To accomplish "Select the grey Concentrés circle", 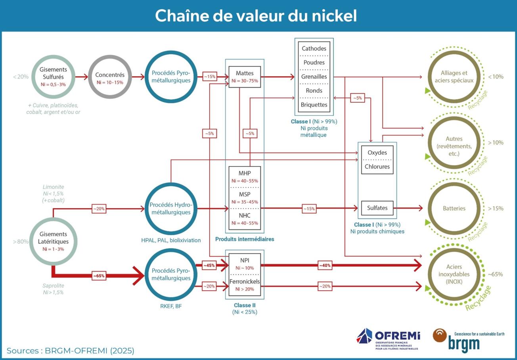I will click(110, 77).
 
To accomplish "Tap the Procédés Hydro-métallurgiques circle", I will click(171, 209).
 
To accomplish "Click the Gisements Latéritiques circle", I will click(53, 241).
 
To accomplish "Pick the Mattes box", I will click(245, 77).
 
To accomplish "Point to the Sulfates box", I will click(377, 208).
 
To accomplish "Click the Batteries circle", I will click(454, 209).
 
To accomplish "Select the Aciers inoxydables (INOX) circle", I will click(454, 274).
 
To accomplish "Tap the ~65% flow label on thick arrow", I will click(99, 276).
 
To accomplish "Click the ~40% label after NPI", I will click(325, 266).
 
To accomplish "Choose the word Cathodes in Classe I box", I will click(314, 48).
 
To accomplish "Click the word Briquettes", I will click(314, 105).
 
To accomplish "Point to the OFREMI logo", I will click(388, 339).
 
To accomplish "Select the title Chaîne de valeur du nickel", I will click(256, 16).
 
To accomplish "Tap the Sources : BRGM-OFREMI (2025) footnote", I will click(71, 350).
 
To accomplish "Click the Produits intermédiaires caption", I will click(245, 239).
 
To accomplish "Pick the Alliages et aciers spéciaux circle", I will click(454, 77).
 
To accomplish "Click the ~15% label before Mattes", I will click(210, 77).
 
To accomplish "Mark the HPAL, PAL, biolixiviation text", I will click(171, 240).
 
